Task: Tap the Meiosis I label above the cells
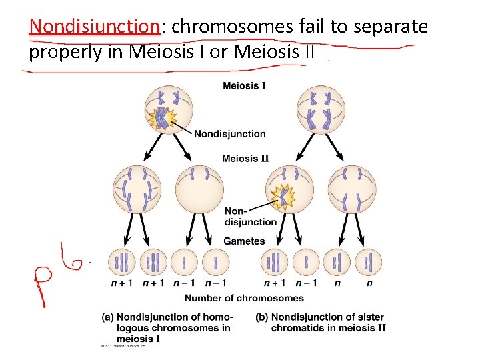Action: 244,86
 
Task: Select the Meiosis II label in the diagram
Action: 245,159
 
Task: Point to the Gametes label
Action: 244,241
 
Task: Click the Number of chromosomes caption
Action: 244,298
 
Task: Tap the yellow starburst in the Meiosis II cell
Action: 283,197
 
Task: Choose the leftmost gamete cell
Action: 123,262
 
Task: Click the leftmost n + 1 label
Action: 122,283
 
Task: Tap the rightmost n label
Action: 369,283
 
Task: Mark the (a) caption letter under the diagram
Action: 107,317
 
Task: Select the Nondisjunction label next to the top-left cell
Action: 230,134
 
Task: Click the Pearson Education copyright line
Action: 123,346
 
